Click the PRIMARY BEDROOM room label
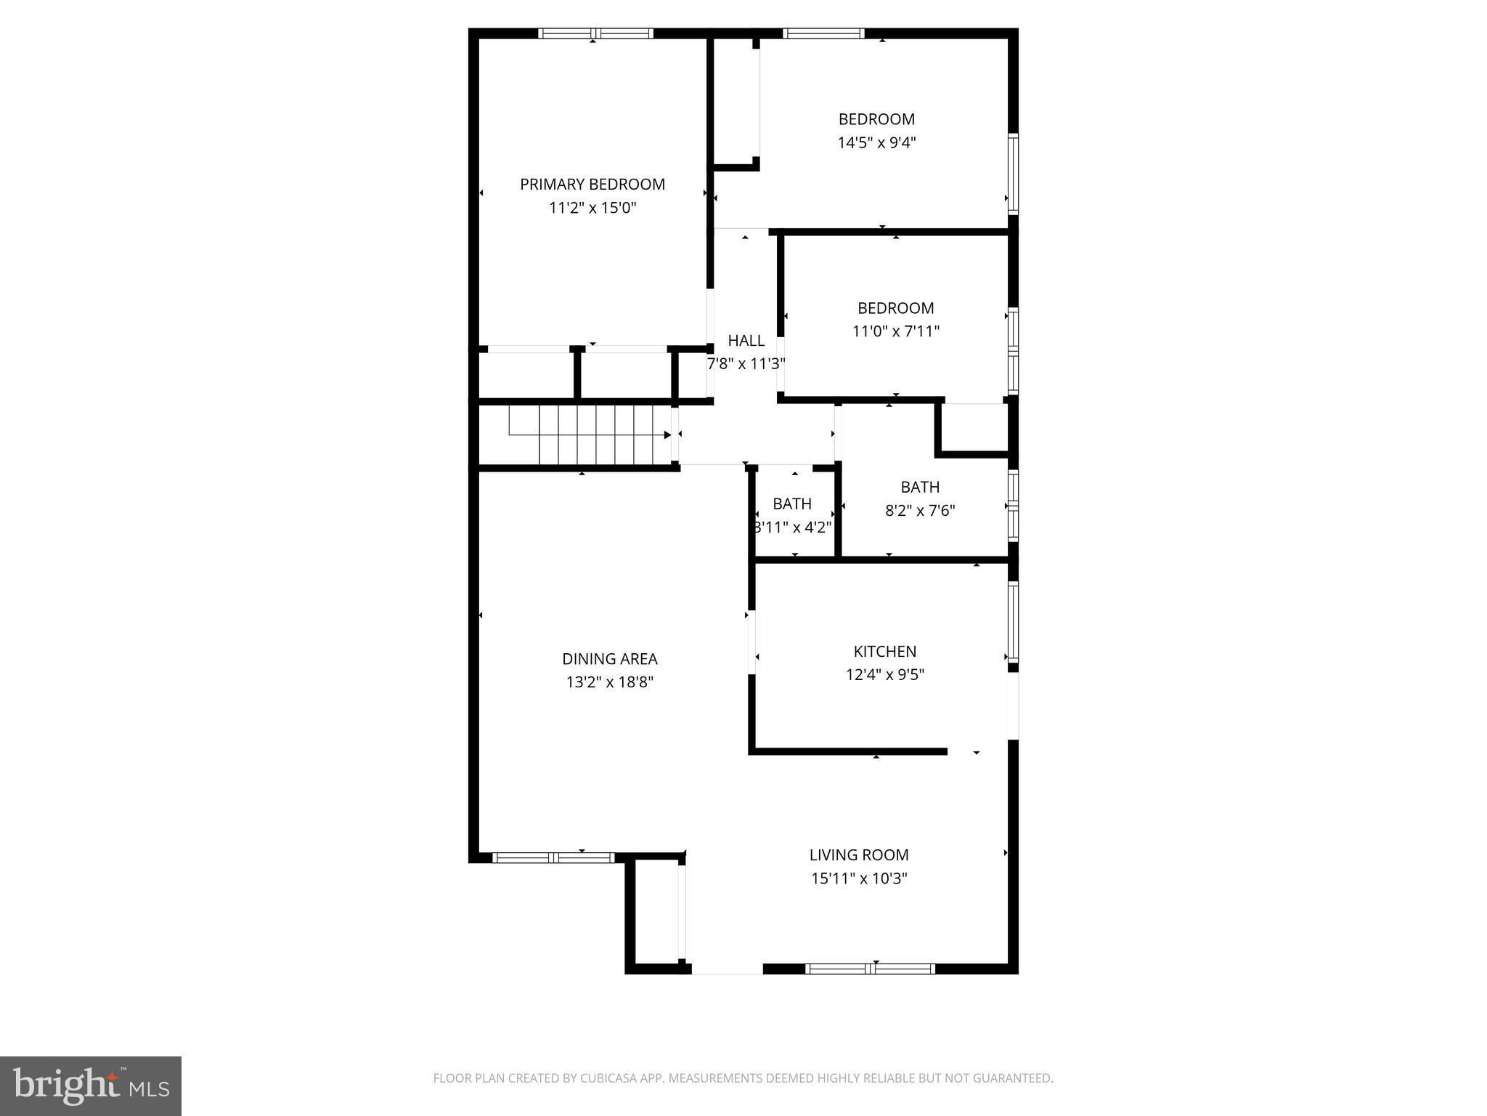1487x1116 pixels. [592, 185]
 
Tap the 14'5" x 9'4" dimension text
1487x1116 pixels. [876, 142]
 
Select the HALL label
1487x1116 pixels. [746, 341]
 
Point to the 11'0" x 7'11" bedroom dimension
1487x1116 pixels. [895, 331]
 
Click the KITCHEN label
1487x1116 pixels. [884, 652]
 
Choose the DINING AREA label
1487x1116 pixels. [609, 659]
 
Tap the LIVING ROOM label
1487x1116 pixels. [858, 855]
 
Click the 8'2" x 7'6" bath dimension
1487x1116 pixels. [919, 511]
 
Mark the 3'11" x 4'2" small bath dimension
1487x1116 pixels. [792, 527]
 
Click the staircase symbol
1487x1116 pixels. [588, 434]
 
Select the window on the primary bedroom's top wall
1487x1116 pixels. [595, 33]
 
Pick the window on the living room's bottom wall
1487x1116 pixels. [870, 969]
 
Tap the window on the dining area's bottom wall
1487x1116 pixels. [553, 858]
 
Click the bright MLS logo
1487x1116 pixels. [90, 1085]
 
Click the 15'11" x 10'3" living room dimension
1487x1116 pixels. [858, 878]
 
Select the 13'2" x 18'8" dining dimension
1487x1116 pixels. [609, 682]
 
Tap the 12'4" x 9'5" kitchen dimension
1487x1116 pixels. [884, 675]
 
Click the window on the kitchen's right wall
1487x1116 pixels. [1013, 621]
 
